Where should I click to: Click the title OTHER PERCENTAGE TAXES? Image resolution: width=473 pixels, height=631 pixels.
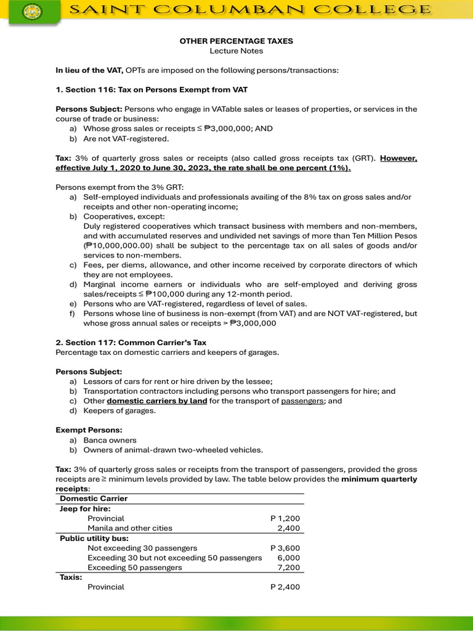coord(236,41)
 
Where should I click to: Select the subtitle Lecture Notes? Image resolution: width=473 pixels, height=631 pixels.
coord(236,51)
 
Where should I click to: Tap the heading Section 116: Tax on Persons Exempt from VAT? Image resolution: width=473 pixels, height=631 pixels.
coord(152,90)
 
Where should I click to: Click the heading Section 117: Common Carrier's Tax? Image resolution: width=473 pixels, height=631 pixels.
coord(140,343)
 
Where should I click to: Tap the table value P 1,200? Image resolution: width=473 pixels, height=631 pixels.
coord(285,518)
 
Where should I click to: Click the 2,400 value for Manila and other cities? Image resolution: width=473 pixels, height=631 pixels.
coord(289,528)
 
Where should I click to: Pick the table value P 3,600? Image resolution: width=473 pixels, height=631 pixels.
coord(285,548)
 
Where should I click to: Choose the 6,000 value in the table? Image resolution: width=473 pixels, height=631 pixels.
coord(289,558)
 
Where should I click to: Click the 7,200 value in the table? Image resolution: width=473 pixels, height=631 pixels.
coord(289,568)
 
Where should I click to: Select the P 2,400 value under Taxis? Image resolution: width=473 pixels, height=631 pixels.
coord(285,587)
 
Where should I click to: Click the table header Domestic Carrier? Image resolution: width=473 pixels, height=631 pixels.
coord(94,499)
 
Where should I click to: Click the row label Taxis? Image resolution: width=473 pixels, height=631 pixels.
coord(71,577)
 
